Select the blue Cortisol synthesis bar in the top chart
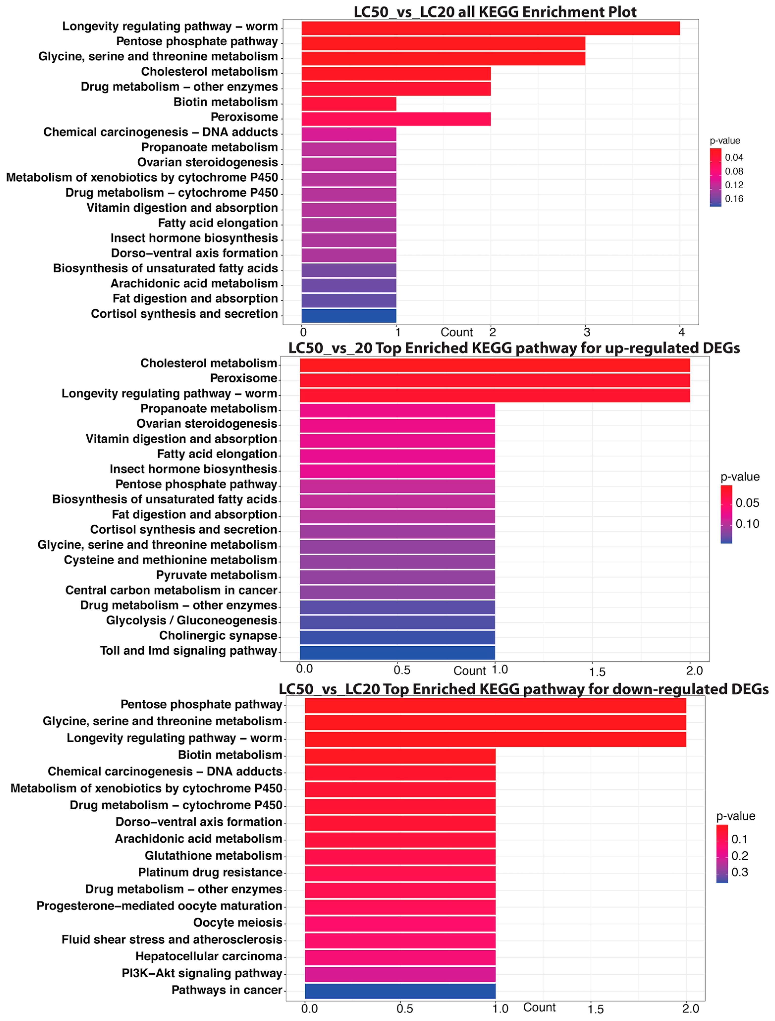coord(349,316)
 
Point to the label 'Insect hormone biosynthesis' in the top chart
coord(194,238)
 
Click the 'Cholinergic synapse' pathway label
coord(218,636)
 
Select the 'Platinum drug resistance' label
coord(210,872)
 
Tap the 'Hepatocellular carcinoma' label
coord(209,956)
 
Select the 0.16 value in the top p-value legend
coord(734,199)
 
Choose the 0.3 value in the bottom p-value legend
coord(740,872)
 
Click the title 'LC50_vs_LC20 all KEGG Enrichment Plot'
coord(495,12)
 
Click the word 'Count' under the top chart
coord(457,332)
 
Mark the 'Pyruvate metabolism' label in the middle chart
coord(216,575)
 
